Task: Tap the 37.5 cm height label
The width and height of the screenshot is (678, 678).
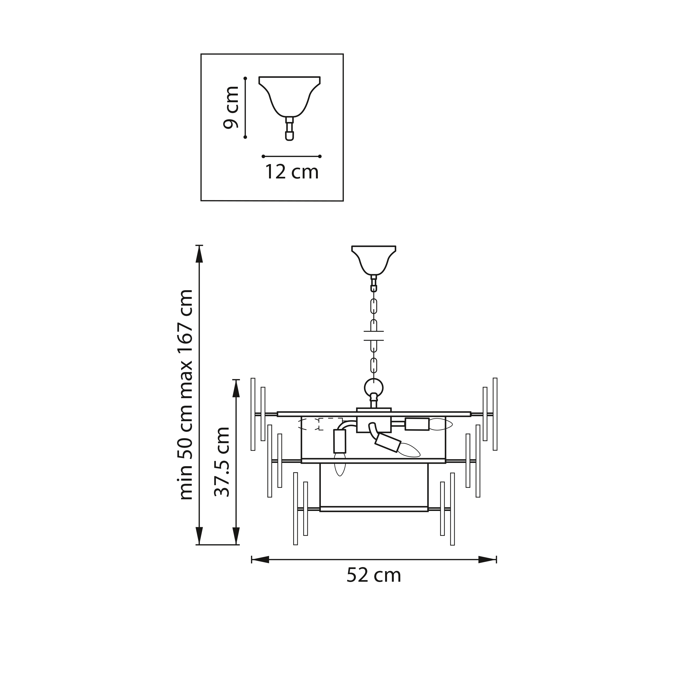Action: [222, 462]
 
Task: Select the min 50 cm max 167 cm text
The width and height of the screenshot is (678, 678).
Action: [186, 395]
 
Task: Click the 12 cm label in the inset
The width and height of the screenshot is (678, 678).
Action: [292, 172]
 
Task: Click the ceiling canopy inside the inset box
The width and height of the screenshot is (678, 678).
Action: [290, 97]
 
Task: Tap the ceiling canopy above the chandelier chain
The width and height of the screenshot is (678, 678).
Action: [374, 260]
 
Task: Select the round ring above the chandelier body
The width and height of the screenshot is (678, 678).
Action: [374, 388]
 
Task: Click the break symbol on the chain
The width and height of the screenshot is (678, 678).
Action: [374, 336]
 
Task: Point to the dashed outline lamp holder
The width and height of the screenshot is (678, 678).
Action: [320, 424]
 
